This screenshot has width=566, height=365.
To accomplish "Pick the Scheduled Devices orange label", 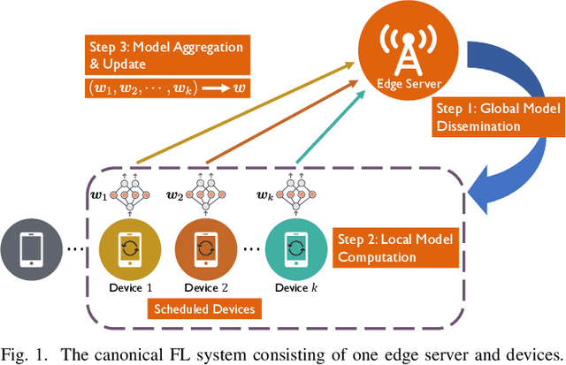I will [x=204, y=308].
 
